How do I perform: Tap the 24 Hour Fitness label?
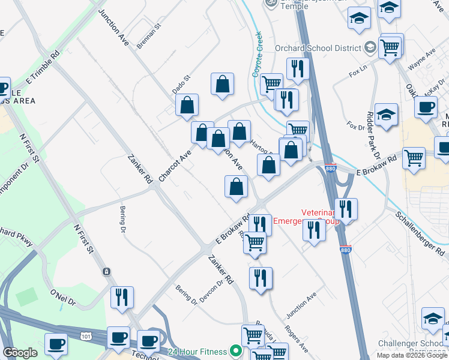pos(195,351)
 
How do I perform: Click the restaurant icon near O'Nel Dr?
pos(122,297)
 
